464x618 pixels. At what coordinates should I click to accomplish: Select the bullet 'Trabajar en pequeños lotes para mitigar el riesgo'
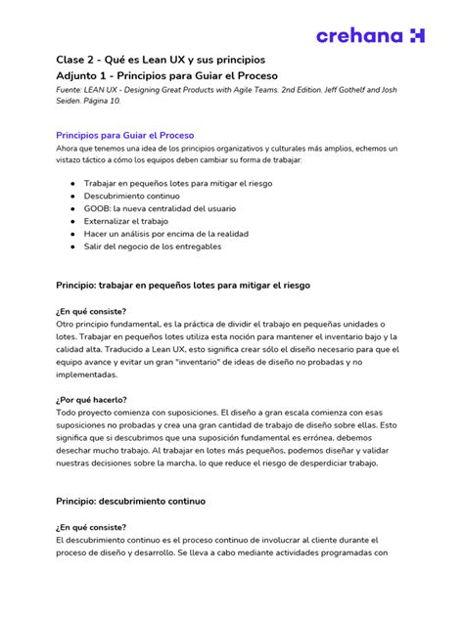click(177, 183)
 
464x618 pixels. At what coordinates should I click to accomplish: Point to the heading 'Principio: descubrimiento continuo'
click(130, 500)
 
